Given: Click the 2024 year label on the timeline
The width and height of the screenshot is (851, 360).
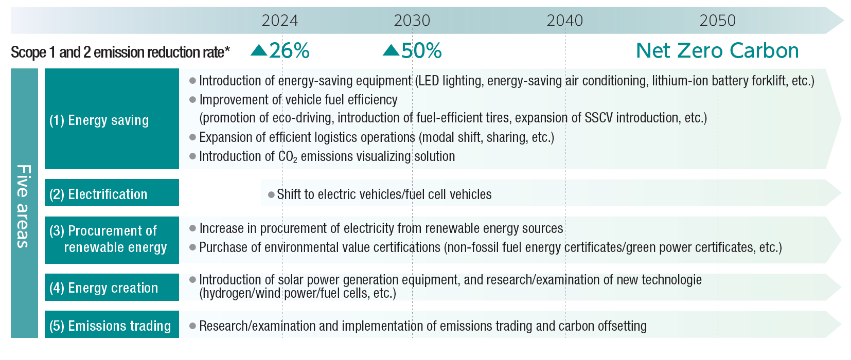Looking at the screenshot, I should coord(279,21).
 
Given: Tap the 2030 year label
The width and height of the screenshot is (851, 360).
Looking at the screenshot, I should coord(412,21).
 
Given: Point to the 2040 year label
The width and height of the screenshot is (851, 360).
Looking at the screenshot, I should coord(564,21).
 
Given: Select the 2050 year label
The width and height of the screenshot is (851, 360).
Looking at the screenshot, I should coord(717,21).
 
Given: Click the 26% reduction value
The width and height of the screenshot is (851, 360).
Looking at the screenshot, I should coord(289,50).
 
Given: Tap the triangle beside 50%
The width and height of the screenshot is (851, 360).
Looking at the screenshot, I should coord(391,50).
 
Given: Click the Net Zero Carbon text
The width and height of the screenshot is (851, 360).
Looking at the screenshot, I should coord(717,50).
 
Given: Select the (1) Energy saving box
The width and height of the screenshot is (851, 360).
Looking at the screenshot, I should coord(112,119).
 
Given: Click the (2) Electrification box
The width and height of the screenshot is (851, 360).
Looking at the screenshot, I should coord(112,193).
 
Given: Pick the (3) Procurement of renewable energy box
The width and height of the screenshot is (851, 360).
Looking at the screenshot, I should coord(112,240).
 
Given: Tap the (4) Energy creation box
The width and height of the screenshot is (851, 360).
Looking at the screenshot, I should coord(112,287).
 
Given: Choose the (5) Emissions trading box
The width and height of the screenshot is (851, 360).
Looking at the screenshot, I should coord(112,325).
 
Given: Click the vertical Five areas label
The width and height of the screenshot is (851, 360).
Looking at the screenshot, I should coord(24,206).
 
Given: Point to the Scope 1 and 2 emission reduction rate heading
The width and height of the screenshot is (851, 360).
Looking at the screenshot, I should coord(120,52).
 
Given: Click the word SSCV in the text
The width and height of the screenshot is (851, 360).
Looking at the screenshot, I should coord(598,118).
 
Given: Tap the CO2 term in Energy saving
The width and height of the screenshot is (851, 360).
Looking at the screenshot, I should coord(287,156).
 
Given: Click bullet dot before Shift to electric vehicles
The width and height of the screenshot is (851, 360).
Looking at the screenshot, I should coord(271,195).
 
